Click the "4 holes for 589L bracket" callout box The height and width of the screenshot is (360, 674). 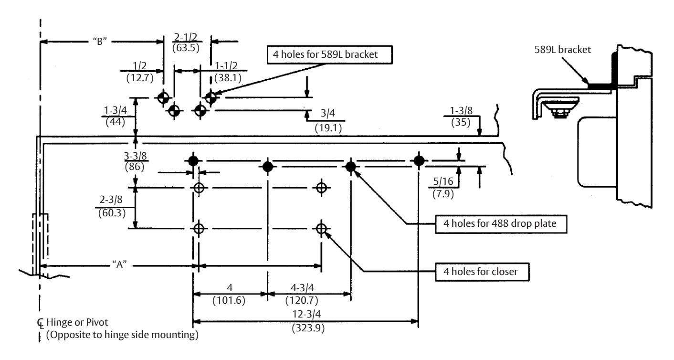pos(329,55)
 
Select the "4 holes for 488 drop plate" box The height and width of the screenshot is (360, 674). pos(501,224)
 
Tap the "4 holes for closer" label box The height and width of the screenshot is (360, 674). pos(482,272)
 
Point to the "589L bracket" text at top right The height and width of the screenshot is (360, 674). pos(562,50)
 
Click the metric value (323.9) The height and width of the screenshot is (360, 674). pos(308,328)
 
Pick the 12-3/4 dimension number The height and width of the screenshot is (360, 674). pos(306,314)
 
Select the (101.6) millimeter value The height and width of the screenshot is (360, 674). pos(229,300)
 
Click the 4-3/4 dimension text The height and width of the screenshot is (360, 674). pos(302,288)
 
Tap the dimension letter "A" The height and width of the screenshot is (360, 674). pos(119,265)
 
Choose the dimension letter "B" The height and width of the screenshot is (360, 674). pos(100,41)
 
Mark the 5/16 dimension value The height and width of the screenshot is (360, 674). pos(443,181)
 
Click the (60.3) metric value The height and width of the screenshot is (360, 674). pos(112,213)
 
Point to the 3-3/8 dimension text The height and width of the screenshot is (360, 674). pos(136,156)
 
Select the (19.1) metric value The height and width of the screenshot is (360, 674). pos(328,128)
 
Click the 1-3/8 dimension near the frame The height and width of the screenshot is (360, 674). pos(461,111)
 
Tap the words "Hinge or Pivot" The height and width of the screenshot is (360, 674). pos(77,322)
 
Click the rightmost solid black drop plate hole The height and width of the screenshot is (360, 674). pos(419,161)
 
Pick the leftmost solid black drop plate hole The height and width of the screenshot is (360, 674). pos(193,161)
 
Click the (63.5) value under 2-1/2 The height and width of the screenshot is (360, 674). pos(186,48)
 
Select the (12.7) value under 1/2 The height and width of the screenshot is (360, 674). pos(140,78)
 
